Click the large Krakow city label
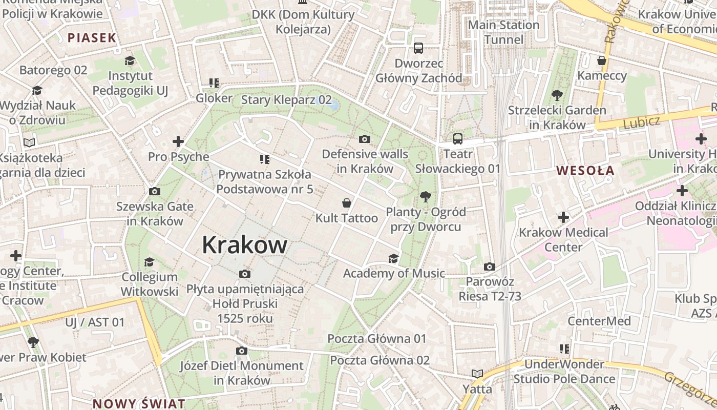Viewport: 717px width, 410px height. click(x=244, y=245)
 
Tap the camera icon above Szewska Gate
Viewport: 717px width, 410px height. click(x=154, y=192)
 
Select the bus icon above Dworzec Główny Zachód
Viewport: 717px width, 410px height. click(x=418, y=48)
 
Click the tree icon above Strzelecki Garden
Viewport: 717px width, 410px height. click(x=557, y=95)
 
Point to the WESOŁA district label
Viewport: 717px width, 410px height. click(x=585, y=171)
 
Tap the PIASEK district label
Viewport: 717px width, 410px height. click(x=92, y=37)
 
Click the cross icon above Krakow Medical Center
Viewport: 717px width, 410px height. click(x=563, y=217)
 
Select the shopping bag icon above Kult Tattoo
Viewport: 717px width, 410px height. click(x=347, y=203)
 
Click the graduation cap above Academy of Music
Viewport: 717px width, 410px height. click(x=393, y=258)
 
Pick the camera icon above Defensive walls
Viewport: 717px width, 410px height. click(x=365, y=139)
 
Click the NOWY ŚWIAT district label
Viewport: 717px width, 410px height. click(x=139, y=403)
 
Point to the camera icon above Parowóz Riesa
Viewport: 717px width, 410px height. click(x=490, y=266)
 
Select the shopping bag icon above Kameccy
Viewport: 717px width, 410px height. click(x=602, y=60)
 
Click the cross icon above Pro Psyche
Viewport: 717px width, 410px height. click(x=178, y=141)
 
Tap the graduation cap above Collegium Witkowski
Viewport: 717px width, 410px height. click(x=149, y=262)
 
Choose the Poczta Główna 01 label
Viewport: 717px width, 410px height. click(x=376, y=339)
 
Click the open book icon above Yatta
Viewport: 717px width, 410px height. click(x=477, y=374)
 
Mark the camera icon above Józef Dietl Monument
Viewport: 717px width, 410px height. click(x=242, y=351)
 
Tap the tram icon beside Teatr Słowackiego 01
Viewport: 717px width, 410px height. click(x=458, y=138)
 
